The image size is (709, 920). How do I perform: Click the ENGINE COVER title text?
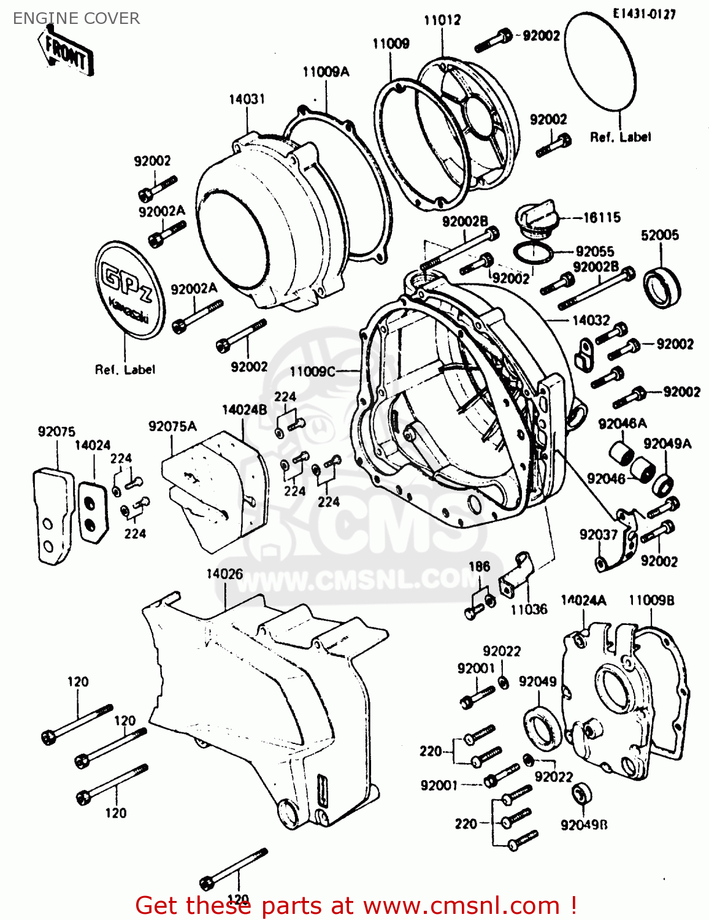76,18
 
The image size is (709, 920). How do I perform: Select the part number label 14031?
247,99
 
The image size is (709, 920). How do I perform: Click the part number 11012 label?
442,20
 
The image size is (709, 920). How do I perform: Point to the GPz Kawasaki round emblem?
130,289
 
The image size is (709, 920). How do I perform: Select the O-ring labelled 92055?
532,252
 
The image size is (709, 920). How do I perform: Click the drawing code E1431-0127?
644,13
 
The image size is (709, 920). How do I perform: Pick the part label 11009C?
313,371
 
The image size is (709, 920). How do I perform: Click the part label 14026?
224,574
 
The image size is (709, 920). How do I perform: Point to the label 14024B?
244,410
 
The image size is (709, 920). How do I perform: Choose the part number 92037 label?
598,535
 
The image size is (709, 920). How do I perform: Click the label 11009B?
651,600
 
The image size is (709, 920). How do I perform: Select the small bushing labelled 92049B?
581,794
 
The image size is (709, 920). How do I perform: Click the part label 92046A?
622,424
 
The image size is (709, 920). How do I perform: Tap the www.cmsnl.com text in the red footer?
461,905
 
